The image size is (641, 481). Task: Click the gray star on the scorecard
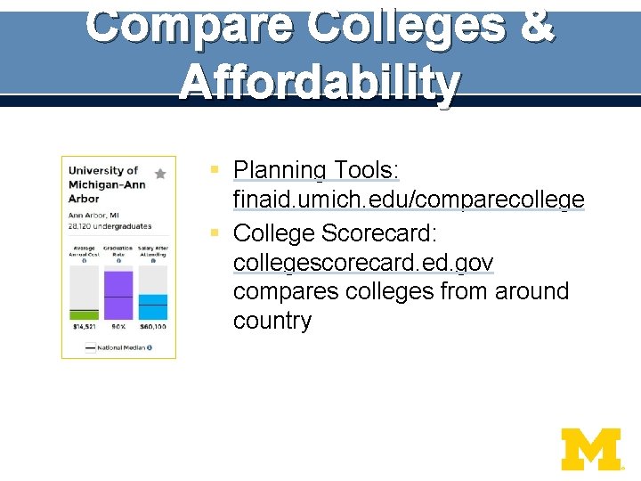pyautogui.click(x=160, y=174)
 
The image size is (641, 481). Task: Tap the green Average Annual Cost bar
pyautogui.click(x=84, y=314)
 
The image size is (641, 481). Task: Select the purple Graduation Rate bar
pyautogui.click(x=118, y=295)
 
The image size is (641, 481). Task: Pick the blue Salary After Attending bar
pyautogui.click(x=152, y=306)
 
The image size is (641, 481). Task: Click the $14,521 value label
pyautogui.click(x=84, y=327)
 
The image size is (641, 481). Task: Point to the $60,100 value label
pyautogui.click(x=152, y=327)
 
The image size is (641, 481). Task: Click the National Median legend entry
pyautogui.click(x=118, y=347)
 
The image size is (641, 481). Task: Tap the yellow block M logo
pyautogui.click(x=590, y=449)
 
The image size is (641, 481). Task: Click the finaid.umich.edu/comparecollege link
pyautogui.click(x=409, y=200)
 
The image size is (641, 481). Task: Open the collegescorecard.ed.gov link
pyautogui.click(x=363, y=264)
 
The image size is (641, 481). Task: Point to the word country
pyautogui.click(x=272, y=321)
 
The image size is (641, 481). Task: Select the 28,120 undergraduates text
pyautogui.click(x=110, y=226)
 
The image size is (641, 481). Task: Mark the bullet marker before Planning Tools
pyautogui.click(x=215, y=169)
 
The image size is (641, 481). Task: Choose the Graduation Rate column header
pyautogui.click(x=118, y=251)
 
